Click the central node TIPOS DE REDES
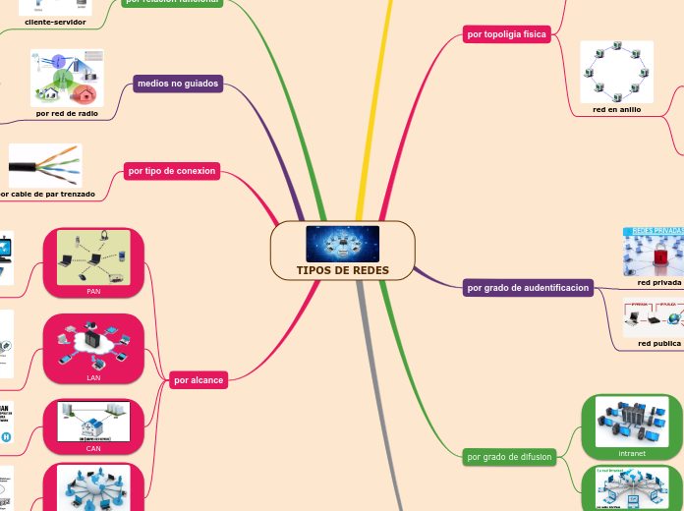pyautogui.click(x=342, y=270)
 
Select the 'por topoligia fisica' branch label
pyautogui.click(x=506, y=34)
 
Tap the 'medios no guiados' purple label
pyautogui.click(x=178, y=85)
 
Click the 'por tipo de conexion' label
pyautogui.click(x=172, y=171)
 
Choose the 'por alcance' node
pyautogui.click(x=199, y=379)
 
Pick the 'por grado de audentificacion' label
pyautogui.click(x=528, y=288)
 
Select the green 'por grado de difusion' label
pyautogui.click(x=509, y=456)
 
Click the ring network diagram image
pyautogui.click(x=616, y=72)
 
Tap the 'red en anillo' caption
pyautogui.click(x=616, y=109)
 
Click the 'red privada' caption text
pyautogui.click(x=658, y=282)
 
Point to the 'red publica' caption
pyautogui.click(x=658, y=343)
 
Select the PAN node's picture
pyautogui.click(x=93, y=257)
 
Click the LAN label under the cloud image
pyautogui.click(x=93, y=377)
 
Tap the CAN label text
pyautogui.click(x=93, y=448)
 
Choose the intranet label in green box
pyautogui.click(x=632, y=454)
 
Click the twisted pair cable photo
pyautogui.click(x=45, y=165)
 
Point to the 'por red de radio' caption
pyautogui.click(x=67, y=113)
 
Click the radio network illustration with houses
pyautogui.click(x=67, y=79)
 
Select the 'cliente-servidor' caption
pyautogui.click(x=55, y=21)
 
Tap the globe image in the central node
pyautogui.click(x=342, y=244)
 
